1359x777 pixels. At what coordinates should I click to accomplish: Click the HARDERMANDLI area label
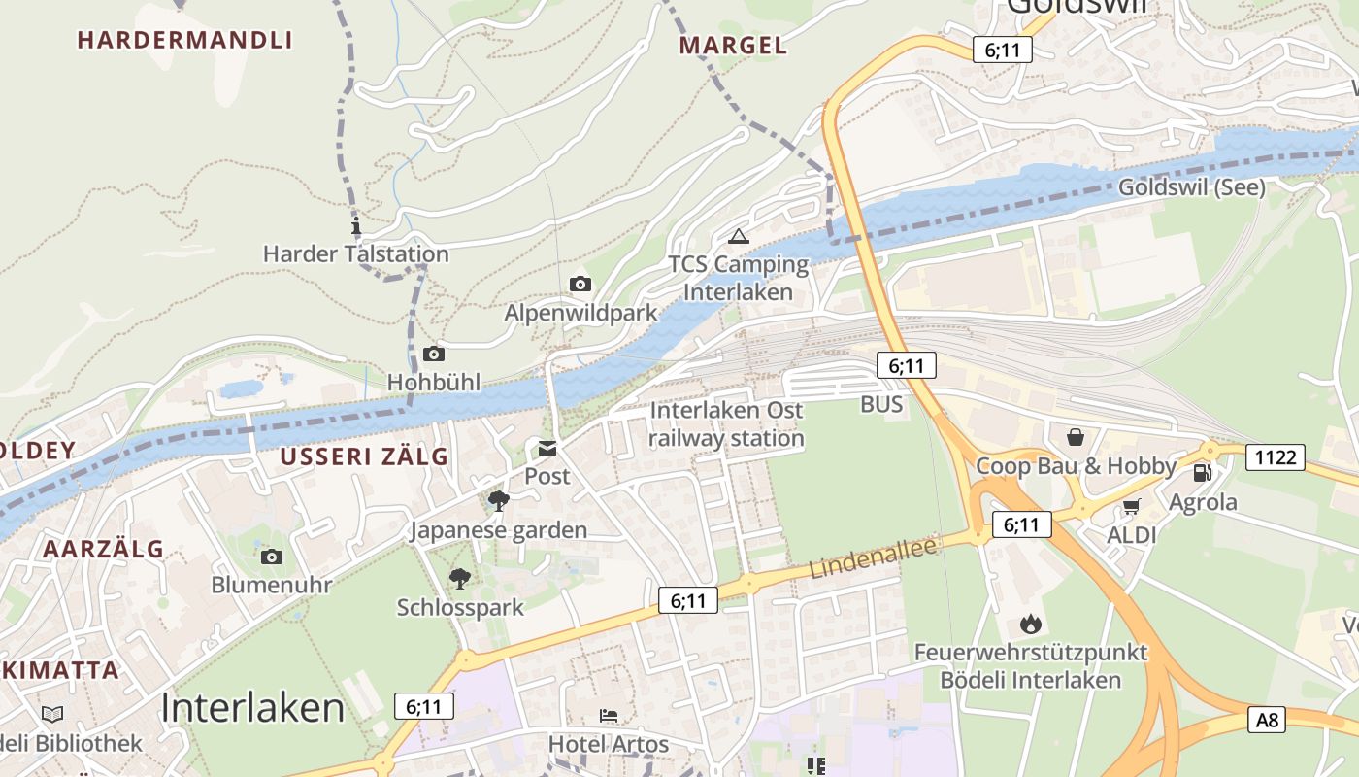coord(184,40)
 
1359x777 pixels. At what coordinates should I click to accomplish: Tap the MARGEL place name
coord(733,45)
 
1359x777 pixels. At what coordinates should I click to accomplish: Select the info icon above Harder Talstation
coord(355,227)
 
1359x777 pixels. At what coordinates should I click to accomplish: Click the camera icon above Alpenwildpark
coord(580,284)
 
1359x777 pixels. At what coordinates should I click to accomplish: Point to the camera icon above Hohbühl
coord(434,354)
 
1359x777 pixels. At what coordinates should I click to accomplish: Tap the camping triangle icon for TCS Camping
coord(739,236)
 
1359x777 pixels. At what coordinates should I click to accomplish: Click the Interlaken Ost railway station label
coord(727,424)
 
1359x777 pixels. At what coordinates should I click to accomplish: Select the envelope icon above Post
coord(547,448)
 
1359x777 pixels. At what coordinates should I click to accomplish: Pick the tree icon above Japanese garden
coord(499,501)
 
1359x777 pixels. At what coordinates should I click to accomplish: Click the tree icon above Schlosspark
coord(460,579)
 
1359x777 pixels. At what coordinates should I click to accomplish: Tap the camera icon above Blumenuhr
coord(272,557)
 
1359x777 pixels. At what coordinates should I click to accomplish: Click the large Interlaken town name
coord(252,708)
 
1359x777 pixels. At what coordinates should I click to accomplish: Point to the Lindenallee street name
coord(874,559)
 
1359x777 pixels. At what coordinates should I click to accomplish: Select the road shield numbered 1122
coord(1276,456)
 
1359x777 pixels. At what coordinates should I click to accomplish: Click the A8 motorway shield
coord(1268,720)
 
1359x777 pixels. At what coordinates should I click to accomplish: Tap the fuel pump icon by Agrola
coord(1202,473)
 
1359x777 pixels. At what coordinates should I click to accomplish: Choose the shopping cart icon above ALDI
coord(1131,506)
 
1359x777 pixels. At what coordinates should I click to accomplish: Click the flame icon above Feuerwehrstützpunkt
coord(1030,624)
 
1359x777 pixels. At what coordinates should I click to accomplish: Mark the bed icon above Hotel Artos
coord(609,716)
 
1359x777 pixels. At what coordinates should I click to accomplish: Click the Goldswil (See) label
coord(1192,187)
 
